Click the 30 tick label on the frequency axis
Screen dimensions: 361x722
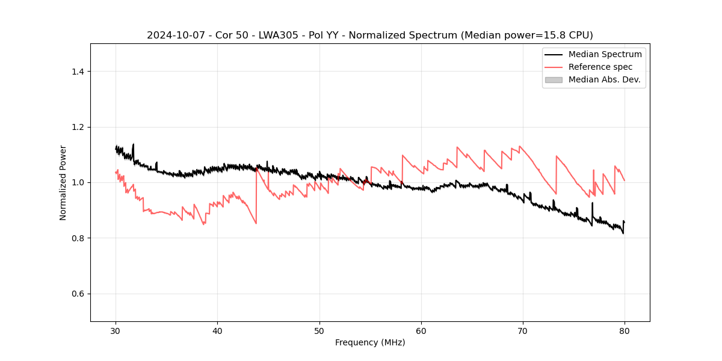pos(116,330)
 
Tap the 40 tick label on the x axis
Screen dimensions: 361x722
pos(218,330)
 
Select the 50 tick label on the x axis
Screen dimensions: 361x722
pos(319,330)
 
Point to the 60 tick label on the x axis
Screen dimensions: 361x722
pos(421,330)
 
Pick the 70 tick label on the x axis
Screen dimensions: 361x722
pos(523,330)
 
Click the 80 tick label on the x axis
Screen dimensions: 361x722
pos(625,330)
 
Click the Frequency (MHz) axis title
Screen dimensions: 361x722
pos(370,342)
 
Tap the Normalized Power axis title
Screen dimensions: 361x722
pos(63,182)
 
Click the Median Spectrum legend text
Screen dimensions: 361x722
pos(605,54)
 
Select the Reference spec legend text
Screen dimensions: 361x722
pos(600,67)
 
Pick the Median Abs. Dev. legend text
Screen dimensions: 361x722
pos(604,79)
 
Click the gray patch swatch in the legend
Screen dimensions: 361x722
pos(554,79)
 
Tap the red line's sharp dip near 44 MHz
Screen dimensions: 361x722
pos(256,223)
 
